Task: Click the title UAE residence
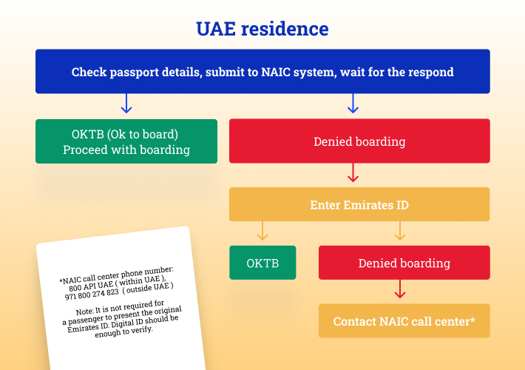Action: (262, 29)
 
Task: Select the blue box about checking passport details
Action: (262, 71)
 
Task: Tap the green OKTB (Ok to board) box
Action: (126, 141)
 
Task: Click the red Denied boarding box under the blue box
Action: (359, 141)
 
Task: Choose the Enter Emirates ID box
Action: (359, 204)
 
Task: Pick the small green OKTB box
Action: (262, 263)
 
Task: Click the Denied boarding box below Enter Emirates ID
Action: (404, 263)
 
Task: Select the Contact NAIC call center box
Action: (404, 320)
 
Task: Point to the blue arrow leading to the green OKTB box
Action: (126, 103)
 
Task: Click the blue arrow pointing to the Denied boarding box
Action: (353, 103)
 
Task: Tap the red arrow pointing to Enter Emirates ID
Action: (353, 172)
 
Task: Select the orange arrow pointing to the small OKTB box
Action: (262, 231)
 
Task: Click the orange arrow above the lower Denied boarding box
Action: (400, 231)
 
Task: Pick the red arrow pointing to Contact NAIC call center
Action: (400, 289)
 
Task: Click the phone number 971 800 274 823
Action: (92, 295)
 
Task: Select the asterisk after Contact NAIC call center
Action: (472, 319)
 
